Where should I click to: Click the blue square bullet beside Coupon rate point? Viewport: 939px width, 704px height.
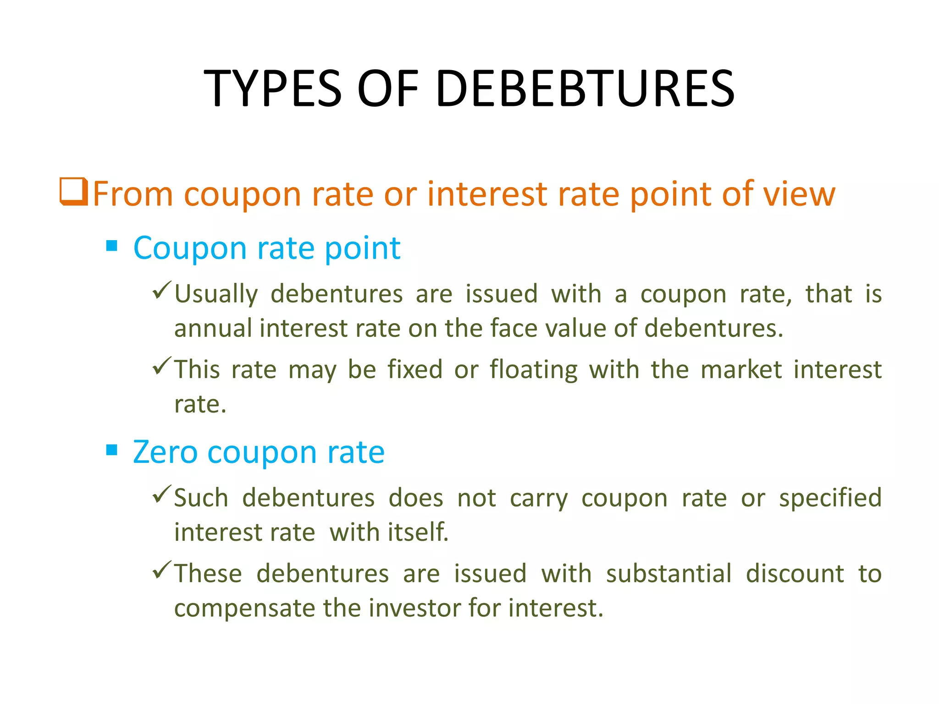tap(111, 247)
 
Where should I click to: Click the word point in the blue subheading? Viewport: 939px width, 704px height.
tap(362, 248)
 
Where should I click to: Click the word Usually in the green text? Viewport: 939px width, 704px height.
tap(216, 294)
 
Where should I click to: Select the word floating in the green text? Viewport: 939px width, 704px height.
tap(533, 370)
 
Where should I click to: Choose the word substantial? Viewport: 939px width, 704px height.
tap(668, 574)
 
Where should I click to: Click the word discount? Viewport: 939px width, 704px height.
tap(795, 574)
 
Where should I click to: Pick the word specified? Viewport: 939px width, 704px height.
tap(830, 498)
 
